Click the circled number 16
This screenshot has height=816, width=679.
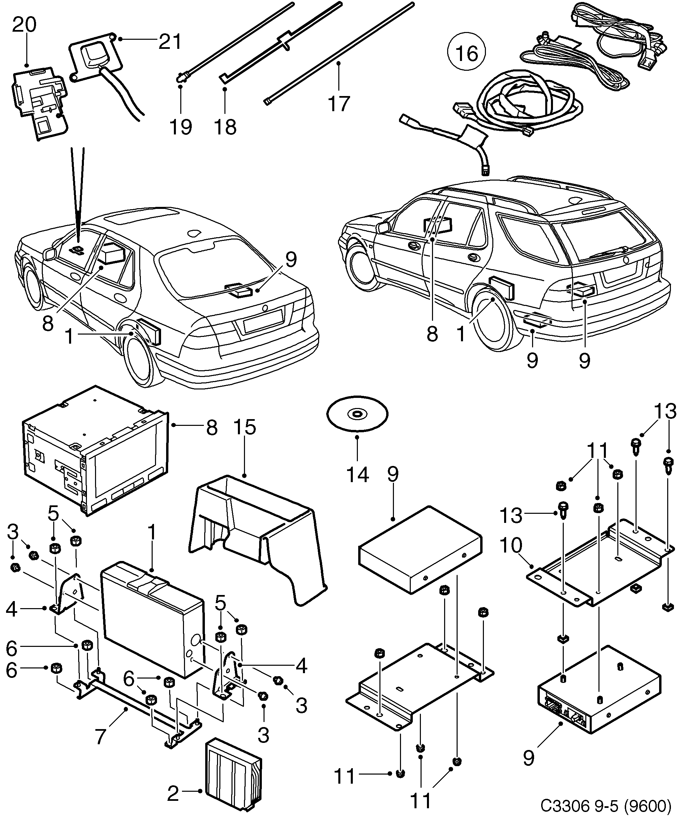(x=466, y=53)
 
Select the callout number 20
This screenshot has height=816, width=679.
(x=24, y=25)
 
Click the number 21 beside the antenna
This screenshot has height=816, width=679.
(x=170, y=41)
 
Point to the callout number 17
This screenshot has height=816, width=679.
(x=339, y=104)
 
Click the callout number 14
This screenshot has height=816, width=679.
(x=357, y=474)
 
